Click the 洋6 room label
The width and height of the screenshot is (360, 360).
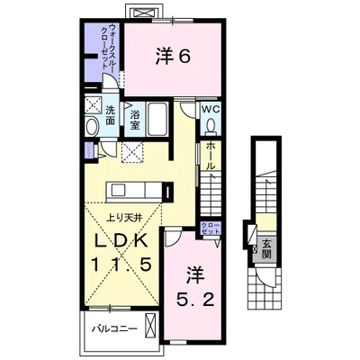click(x=173, y=57)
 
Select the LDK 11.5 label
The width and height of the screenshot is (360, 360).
click(x=121, y=252)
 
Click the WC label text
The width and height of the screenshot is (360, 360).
click(x=211, y=109)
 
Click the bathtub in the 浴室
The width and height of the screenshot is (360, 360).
click(x=157, y=119)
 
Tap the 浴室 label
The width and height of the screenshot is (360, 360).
click(x=135, y=120)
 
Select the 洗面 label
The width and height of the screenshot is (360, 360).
click(x=111, y=115)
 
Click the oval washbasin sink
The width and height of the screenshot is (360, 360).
click(x=92, y=126)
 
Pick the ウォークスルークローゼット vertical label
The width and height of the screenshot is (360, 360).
click(x=109, y=47)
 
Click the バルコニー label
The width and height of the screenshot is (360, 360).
click(x=114, y=328)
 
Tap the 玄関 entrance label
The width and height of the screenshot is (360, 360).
click(x=266, y=248)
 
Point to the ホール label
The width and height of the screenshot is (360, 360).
click(x=211, y=156)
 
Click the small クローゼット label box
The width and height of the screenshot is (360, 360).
click(x=211, y=229)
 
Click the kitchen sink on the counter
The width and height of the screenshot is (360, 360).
click(x=120, y=190)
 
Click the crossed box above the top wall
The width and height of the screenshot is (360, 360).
click(x=144, y=13)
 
